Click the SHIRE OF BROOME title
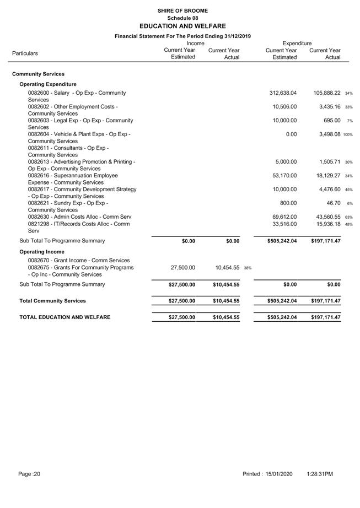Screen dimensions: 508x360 click(x=182, y=10)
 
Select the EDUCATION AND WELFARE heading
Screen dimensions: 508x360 click(x=182, y=26)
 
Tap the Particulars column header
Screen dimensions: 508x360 click(x=25, y=53)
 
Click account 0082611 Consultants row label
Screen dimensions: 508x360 click(x=68, y=152)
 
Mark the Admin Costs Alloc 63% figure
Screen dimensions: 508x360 click(x=349, y=218)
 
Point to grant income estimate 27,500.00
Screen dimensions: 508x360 click(x=181, y=267)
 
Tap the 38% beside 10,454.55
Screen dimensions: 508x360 click(x=248, y=268)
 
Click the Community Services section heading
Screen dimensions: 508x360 click(x=38, y=74)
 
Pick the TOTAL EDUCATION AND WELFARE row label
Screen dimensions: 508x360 click(x=65, y=317)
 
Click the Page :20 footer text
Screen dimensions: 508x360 click(x=29, y=474)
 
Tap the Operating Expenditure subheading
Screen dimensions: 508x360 click(x=48, y=84)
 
